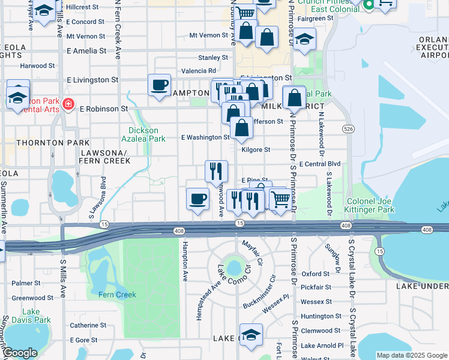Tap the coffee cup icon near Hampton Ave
tap(197, 199)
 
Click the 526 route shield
tap(348, 129)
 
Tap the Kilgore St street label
tap(256, 149)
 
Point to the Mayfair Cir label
tap(253, 253)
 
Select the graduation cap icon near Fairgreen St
tap(304, 39)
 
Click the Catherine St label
tap(88, 325)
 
